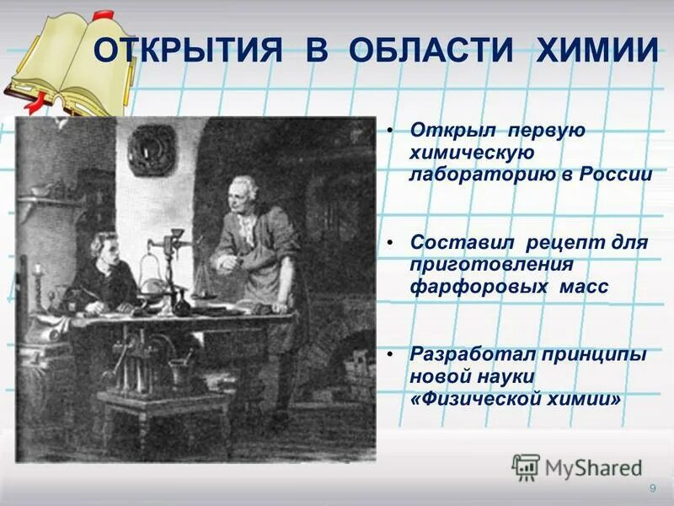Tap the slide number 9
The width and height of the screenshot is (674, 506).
coord(652,490)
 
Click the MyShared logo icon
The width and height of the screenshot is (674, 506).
coord(526,467)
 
